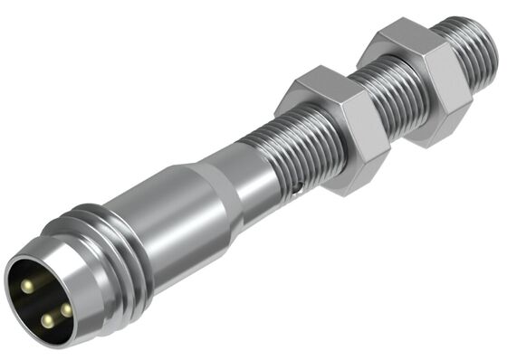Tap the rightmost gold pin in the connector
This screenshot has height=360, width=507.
[x=65, y=309]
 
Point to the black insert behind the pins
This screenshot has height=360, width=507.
[x=36, y=304]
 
